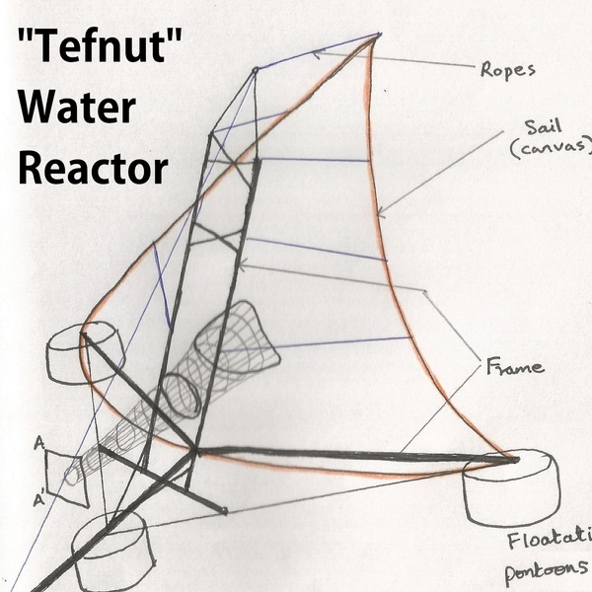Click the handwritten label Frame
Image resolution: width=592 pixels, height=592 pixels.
pyautogui.click(x=515, y=366)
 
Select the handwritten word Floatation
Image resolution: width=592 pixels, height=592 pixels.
pyautogui.click(x=549, y=540)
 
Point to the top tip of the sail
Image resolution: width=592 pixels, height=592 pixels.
pyautogui.click(x=379, y=37)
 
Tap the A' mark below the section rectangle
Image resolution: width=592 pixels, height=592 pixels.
pyautogui.click(x=39, y=500)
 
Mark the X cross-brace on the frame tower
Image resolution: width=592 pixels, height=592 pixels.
pyautogui.click(x=219, y=237)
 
